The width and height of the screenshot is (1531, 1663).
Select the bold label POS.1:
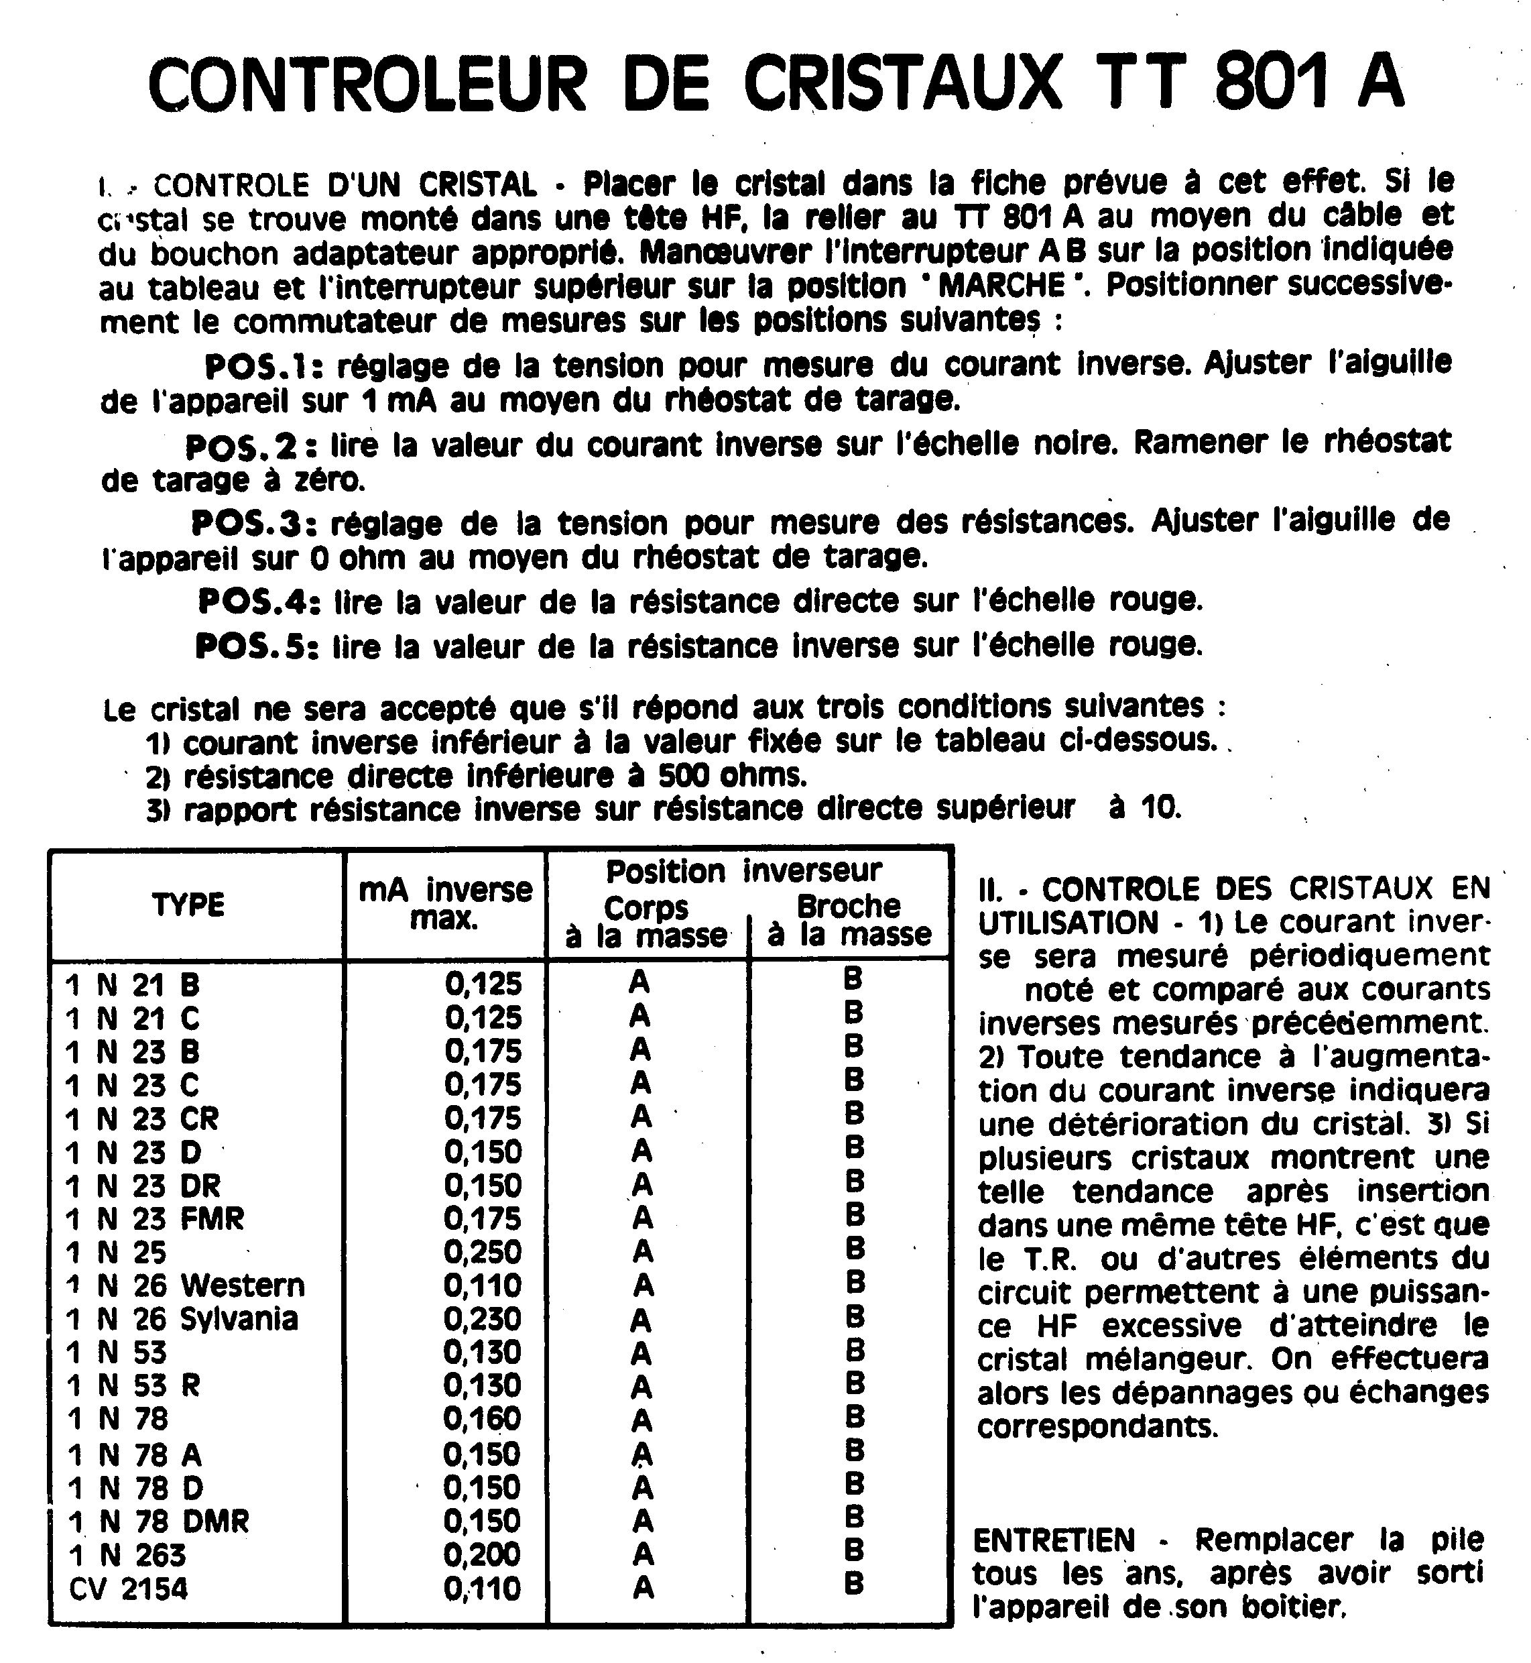[x=266, y=366]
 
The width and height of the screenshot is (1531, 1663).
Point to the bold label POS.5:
[x=257, y=646]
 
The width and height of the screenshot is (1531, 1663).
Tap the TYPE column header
[x=189, y=905]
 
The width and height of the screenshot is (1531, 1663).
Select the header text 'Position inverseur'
[x=743, y=872]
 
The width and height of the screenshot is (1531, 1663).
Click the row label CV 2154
[x=129, y=1589]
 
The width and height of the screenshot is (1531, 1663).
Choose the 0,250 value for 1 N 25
[x=483, y=1251]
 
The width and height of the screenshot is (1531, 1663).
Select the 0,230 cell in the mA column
[x=483, y=1318]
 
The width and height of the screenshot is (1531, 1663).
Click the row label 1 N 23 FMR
[x=155, y=1219]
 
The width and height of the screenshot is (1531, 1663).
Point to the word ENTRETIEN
[x=1053, y=1540]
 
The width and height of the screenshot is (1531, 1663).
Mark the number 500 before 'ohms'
[x=684, y=776]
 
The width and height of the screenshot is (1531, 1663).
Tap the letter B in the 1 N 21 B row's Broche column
[x=853, y=980]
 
